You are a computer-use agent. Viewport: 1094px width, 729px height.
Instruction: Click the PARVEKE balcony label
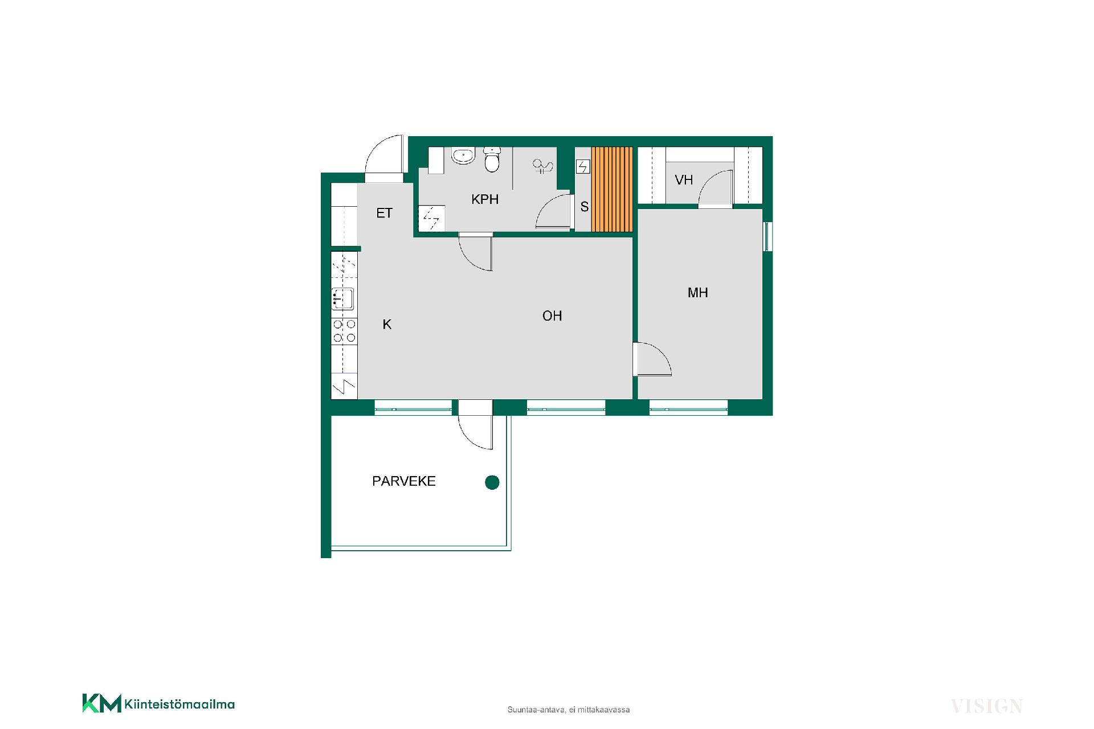click(403, 481)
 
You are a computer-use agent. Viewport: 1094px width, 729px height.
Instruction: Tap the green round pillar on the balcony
click(492, 482)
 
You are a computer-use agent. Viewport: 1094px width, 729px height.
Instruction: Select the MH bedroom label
click(698, 293)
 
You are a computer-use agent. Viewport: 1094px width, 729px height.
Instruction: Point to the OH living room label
click(552, 316)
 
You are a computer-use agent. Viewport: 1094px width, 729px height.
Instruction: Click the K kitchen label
click(387, 325)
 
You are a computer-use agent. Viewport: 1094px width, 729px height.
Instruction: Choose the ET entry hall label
click(385, 213)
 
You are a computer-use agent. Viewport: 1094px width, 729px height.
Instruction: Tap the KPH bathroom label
click(485, 199)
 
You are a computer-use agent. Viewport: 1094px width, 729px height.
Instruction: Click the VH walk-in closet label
click(684, 180)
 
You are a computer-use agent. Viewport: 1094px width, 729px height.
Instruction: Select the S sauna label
click(585, 207)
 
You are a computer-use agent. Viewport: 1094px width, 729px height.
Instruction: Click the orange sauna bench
click(613, 189)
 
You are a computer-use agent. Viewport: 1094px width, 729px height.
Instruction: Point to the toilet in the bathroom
click(492, 159)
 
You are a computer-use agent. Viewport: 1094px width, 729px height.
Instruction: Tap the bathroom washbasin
click(464, 155)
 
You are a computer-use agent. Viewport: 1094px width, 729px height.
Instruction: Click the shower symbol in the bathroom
click(542, 166)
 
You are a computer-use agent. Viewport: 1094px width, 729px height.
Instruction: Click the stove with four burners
click(344, 331)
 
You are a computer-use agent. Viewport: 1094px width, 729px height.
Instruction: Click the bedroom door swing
click(652, 359)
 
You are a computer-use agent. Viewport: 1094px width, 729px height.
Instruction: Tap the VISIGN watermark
click(987, 706)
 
